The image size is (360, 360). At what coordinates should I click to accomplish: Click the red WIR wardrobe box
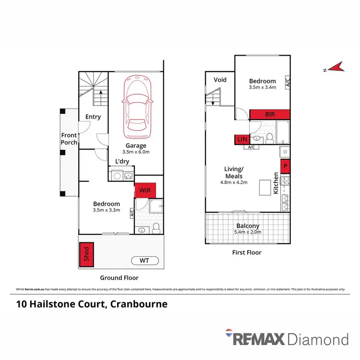(x=144, y=190)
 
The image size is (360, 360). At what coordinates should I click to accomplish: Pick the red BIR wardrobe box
(x=270, y=114)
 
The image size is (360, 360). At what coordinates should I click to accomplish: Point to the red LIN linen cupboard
(x=240, y=139)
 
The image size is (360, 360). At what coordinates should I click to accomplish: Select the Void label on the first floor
(x=220, y=80)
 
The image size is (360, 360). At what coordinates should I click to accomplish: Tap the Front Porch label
(x=69, y=139)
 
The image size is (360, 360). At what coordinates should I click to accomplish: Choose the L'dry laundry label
(x=122, y=162)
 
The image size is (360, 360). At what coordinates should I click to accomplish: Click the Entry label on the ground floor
(x=93, y=117)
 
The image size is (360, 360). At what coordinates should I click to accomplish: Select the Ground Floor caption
(x=119, y=278)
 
